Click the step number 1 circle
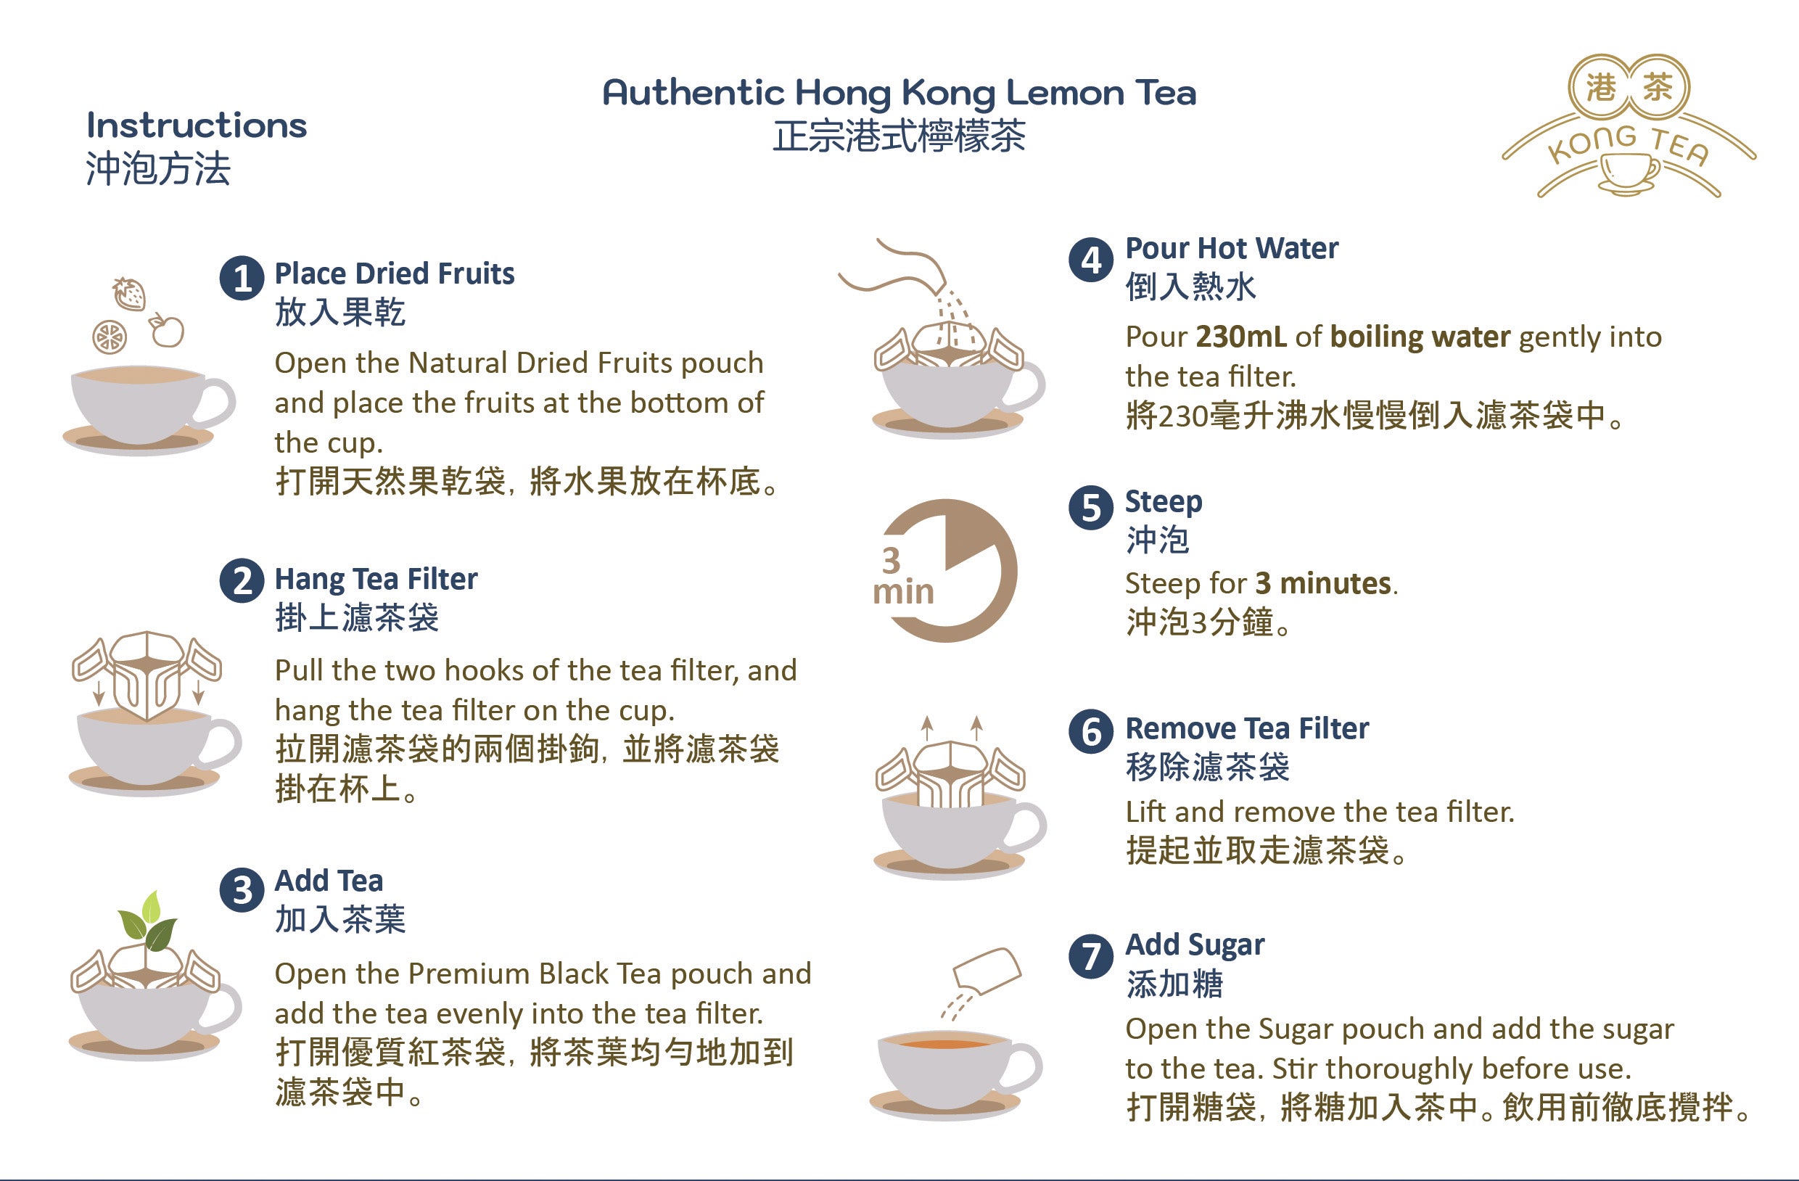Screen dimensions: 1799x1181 242,279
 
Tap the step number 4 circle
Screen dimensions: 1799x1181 1091,260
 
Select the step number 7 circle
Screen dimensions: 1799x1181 1091,955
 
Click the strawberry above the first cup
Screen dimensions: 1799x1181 129,293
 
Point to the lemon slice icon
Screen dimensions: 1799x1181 110,337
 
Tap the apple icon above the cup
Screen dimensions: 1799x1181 166,329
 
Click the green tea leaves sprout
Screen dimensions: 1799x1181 149,922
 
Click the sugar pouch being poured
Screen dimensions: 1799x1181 987,972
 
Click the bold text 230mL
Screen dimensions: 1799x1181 1240,337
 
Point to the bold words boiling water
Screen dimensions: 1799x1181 1420,337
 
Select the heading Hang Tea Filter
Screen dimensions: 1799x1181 376,579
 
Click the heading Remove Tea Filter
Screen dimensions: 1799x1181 1247,728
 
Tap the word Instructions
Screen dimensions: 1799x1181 197,125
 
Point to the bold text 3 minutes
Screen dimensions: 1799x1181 1324,583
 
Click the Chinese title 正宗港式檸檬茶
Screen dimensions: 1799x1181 899,137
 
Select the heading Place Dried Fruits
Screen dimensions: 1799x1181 395,273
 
